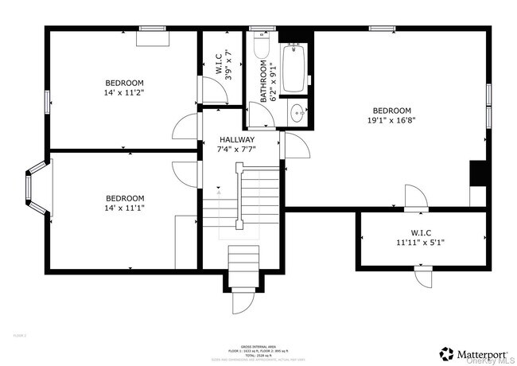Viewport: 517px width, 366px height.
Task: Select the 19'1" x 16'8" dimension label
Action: pyautogui.click(x=391, y=121)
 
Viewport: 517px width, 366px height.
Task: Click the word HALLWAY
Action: pyautogui.click(x=237, y=139)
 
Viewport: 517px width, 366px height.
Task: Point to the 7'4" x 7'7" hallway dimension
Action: pyautogui.click(x=237, y=149)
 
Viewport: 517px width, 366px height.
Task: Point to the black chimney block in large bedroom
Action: pyautogui.click(x=477, y=173)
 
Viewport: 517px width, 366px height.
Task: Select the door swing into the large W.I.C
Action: pyautogui.click(x=416, y=198)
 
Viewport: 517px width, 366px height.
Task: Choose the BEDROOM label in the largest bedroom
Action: pyautogui.click(x=391, y=111)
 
